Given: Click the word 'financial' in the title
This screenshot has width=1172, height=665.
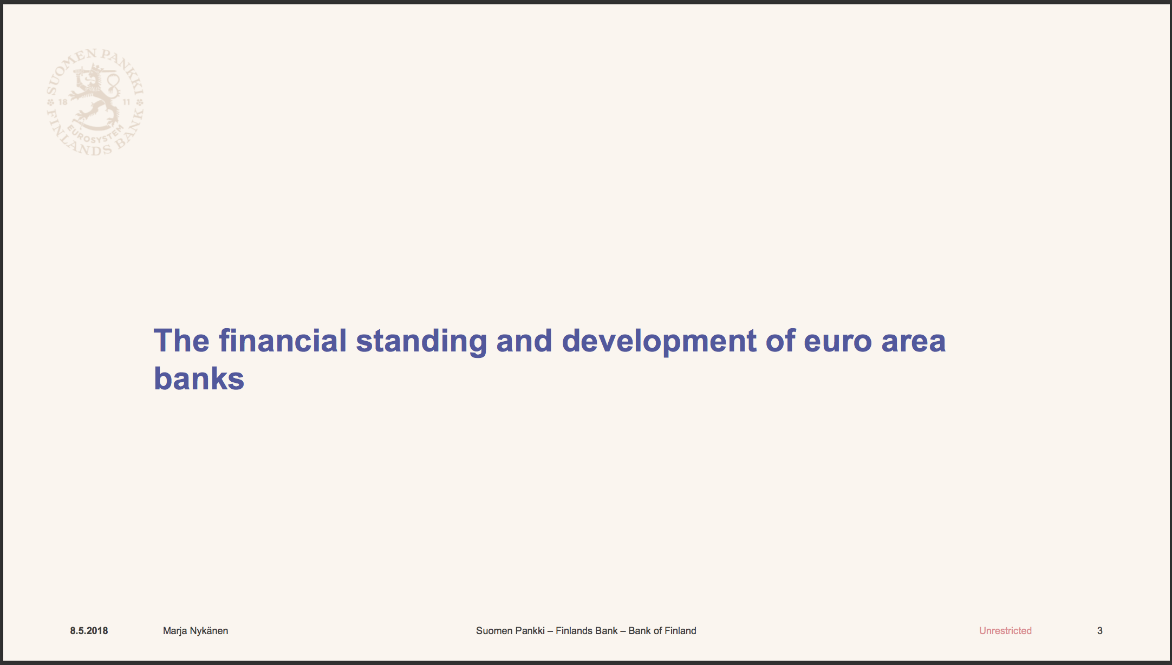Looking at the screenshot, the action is [283, 341].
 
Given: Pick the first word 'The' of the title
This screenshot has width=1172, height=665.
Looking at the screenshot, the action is [181, 341].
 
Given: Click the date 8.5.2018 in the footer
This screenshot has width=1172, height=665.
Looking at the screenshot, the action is [89, 631].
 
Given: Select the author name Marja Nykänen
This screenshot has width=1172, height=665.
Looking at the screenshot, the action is [196, 631].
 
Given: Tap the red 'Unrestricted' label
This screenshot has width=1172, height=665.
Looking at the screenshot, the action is [1005, 631].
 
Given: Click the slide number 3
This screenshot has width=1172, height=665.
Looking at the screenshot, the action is [1100, 631].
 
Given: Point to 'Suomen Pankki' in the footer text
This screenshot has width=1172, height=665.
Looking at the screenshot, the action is [510, 631].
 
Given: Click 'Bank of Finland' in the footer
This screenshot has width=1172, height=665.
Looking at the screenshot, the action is [662, 631].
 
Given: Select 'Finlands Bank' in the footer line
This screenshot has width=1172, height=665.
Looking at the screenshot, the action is [587, 631].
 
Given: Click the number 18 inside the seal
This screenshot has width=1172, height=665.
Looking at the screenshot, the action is [63, 102].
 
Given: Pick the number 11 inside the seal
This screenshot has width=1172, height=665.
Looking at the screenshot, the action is [127, 102].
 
